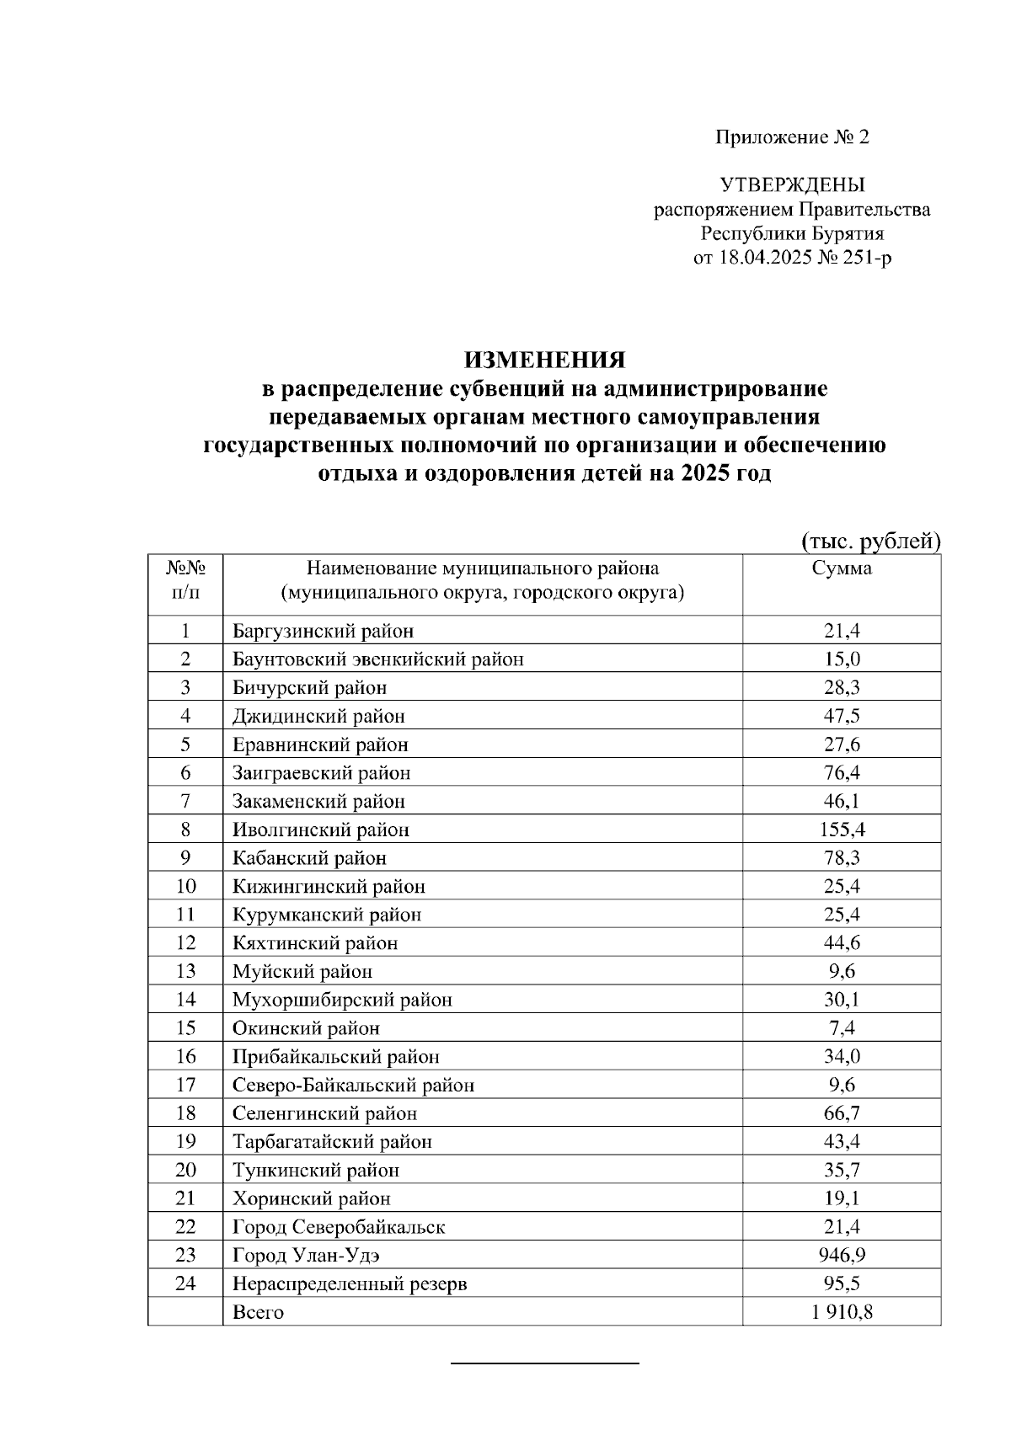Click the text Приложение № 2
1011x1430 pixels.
792,137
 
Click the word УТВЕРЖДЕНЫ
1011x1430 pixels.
792,185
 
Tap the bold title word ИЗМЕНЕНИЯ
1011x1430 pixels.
544,360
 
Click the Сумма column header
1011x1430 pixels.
841,568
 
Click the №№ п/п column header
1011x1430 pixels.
185,581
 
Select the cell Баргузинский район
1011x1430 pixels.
324,631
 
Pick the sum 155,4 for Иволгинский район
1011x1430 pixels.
842,830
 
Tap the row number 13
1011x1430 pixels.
185,971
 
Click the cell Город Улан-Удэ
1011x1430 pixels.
307,1255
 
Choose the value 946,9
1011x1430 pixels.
842,1255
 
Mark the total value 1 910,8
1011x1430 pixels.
842,1312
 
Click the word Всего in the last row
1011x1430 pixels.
259,1312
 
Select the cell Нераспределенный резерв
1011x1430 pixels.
350,1283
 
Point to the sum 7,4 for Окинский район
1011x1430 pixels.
842,1027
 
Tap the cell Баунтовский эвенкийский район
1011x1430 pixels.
378,659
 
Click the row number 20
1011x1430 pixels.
185,1170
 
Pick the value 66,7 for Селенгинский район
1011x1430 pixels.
842,1113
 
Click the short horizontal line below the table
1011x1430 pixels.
545,1362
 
